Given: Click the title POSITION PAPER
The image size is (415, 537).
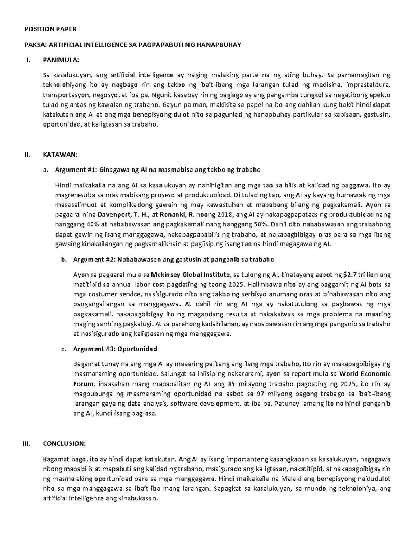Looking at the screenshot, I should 50,29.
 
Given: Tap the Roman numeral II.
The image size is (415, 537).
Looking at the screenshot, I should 27,155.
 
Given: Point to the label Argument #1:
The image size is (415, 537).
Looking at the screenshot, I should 76,170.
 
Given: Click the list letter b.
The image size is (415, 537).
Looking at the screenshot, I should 63,259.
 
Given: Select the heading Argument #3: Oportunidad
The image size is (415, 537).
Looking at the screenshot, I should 115,349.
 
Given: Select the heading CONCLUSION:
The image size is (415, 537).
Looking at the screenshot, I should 64,444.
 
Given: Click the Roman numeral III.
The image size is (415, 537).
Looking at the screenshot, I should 27,444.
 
